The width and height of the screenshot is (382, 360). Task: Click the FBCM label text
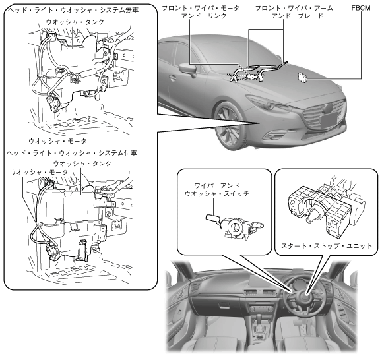point(361,8)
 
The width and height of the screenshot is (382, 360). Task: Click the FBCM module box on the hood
point(303,77)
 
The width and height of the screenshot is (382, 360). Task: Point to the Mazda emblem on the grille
point(328,108)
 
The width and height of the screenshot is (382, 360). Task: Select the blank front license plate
point(331,121)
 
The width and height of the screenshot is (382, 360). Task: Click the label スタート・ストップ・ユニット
point(327,245)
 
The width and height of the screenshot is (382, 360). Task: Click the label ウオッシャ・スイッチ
point(217,193)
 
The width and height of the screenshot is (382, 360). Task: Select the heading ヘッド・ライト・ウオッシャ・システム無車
point(73,10)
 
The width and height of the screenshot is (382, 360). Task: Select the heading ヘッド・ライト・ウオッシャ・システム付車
point(72,153)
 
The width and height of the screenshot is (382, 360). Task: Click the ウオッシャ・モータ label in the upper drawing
point(57,141)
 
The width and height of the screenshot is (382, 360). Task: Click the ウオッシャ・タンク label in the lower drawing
point(82,164)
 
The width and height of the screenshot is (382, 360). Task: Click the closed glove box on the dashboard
point(222,305)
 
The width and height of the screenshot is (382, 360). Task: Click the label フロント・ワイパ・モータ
point(201,8)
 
